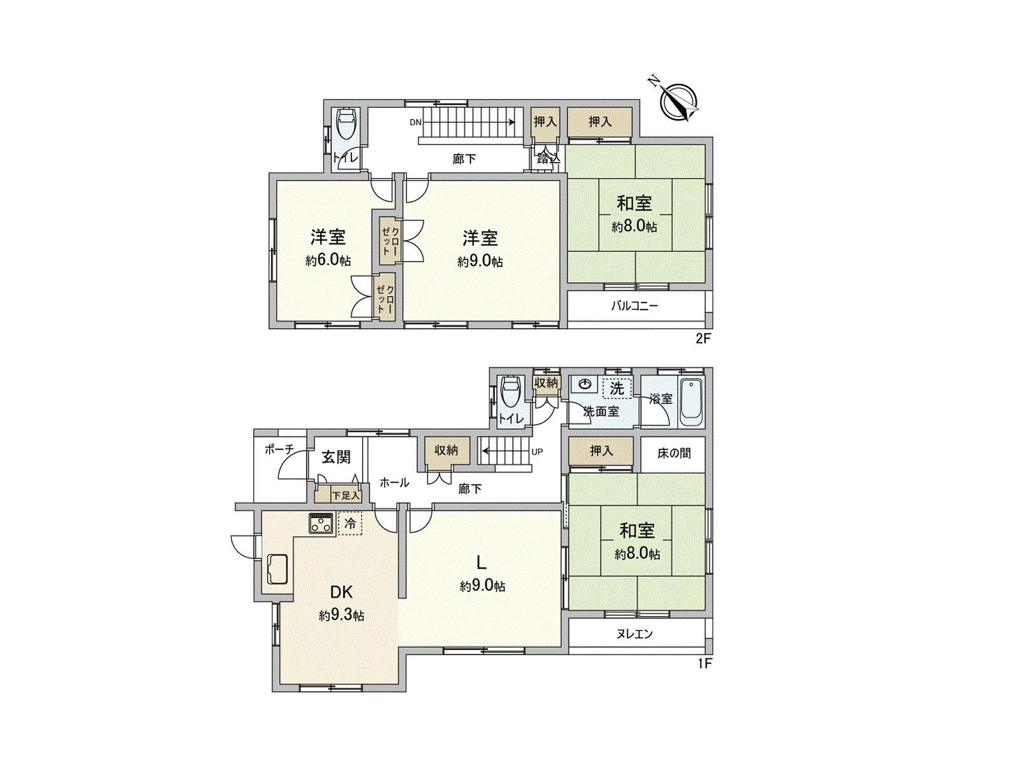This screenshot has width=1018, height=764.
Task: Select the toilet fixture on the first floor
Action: [510, 392]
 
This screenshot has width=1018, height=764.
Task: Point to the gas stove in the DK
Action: [321, 524]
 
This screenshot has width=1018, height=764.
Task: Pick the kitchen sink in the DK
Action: [277, 569]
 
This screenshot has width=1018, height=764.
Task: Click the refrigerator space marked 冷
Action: [350, 523]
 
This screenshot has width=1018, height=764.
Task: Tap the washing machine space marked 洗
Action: [617, 388]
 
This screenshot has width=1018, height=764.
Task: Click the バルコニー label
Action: [634, 306]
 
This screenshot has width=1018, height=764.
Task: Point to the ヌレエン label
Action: [634, 633]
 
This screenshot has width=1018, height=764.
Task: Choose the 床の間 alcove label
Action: [674, 453]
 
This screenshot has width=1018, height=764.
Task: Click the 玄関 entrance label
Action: [336, 457]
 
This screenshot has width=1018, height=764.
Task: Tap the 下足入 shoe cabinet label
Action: [346, 495]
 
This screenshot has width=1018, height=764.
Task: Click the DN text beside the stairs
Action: [415, 122]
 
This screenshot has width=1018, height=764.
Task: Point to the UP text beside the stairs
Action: [538, 451]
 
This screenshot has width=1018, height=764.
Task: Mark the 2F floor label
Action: [703, 338]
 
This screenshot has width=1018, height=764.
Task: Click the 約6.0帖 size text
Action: [328, 260]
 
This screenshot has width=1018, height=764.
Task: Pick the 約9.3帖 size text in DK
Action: [341, 616]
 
